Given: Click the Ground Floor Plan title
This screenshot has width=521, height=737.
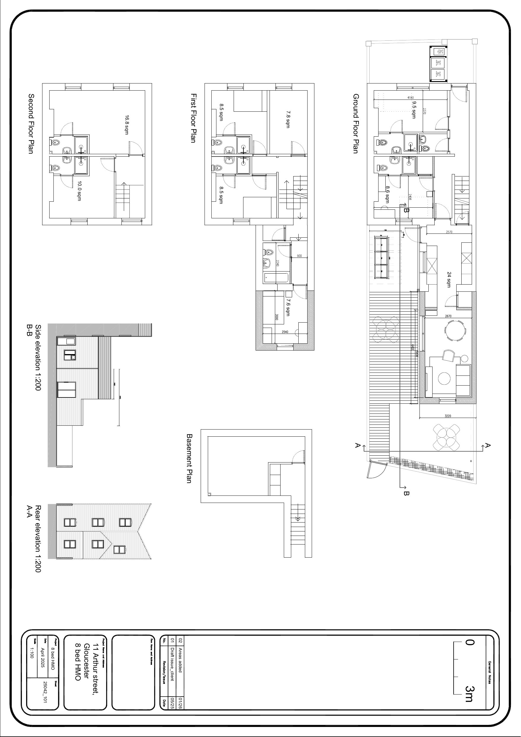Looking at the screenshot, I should coord(355,124).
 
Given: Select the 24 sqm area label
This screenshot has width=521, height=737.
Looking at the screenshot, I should coord(449,280).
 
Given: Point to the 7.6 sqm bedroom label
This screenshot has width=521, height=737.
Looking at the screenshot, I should coord(288,307).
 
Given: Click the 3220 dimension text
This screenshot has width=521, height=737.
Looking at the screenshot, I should coord(448,416).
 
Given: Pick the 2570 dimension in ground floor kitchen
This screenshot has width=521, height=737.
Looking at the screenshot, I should coord(449,232).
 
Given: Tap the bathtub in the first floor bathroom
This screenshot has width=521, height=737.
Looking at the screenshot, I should coord(276,278).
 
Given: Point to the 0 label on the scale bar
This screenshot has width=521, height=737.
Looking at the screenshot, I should coord(469,642).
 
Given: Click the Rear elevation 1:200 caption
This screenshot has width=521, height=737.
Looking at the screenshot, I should coord(38,539).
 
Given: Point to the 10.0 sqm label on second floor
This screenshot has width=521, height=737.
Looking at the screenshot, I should coord(79,191).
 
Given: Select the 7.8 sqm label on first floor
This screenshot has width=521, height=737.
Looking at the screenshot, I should coord(288,119).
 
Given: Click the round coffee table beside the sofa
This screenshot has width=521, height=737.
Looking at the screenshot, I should coord(445,378).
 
